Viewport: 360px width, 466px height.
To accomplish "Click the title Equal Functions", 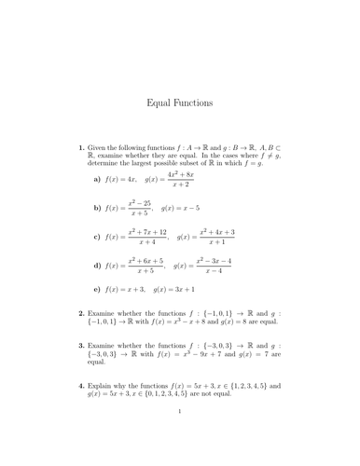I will [180, 104].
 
